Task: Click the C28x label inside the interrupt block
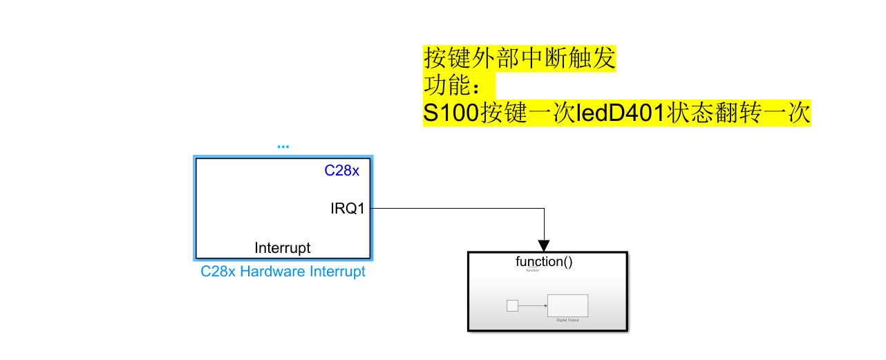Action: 342,171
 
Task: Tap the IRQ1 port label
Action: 347,208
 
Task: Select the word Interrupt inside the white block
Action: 283,247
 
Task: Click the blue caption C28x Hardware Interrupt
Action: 283,272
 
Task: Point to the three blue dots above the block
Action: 283,146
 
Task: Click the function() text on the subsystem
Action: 544,261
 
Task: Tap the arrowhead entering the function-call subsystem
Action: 544,245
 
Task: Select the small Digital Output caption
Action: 567,320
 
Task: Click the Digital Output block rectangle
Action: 567,305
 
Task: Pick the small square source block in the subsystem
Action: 512,305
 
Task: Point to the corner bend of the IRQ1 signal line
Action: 544,208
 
